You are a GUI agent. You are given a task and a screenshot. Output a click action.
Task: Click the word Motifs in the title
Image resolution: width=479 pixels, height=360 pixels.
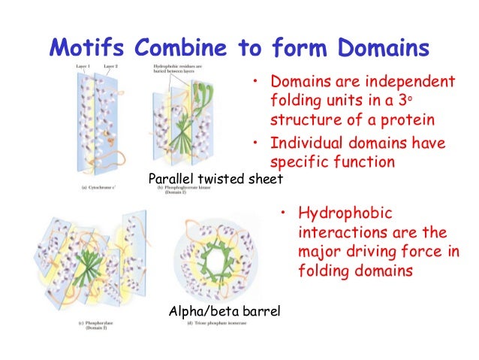tap(85, 48)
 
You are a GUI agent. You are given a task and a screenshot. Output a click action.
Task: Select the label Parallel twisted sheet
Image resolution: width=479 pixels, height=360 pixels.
tap(215, 179)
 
